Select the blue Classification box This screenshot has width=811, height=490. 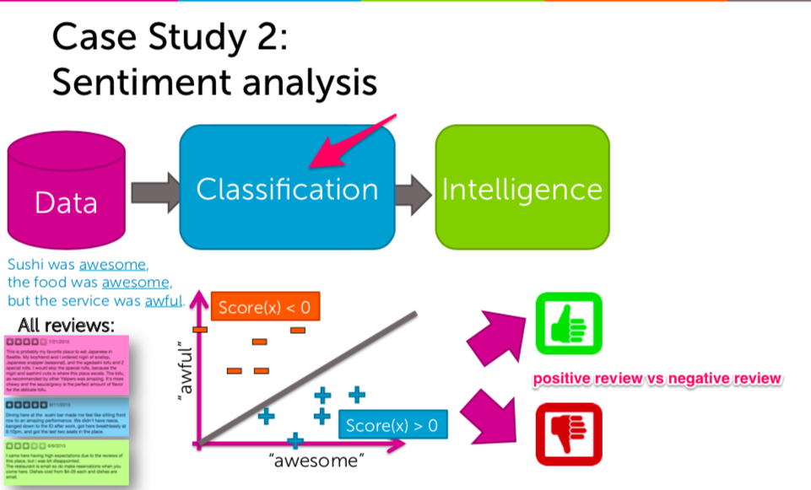287,188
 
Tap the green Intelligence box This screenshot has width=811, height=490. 522,187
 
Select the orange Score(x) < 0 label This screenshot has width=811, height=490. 264,308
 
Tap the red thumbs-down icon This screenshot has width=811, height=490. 568,434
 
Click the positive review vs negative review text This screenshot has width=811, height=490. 657,379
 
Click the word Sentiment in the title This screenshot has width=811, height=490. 144,83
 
